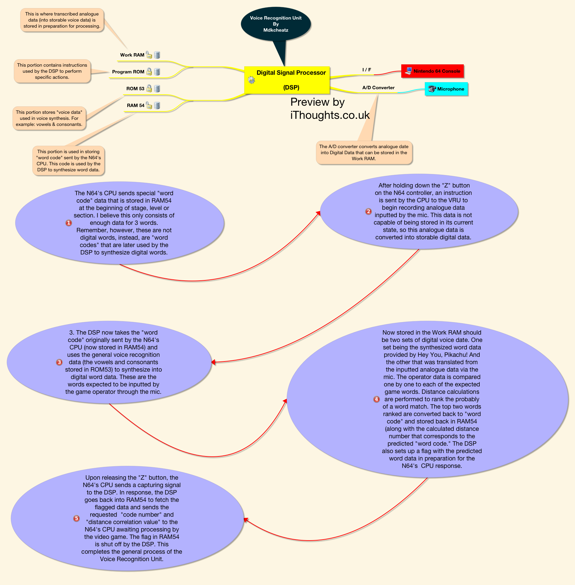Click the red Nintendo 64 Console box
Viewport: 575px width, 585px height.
coord(433,71)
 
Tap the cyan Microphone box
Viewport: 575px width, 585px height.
coord(446,89)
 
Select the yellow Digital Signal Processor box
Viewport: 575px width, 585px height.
coord(287,80)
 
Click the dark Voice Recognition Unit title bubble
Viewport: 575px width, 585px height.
coord(276,24)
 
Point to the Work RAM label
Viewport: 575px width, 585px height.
coord(132,55)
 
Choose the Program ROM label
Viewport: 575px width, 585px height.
coord(128,72)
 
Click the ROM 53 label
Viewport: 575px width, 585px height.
coord(135,89)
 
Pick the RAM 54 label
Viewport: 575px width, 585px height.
coord(135,105)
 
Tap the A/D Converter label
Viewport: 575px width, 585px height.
coord(378,88)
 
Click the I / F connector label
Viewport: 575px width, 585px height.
coord(367,70)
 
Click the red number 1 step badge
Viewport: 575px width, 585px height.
coord(69,223)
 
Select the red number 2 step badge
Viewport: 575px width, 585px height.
coord(369,211)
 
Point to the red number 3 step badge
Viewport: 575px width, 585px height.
coord(59,362)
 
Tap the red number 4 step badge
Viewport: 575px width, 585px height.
coord(377,399)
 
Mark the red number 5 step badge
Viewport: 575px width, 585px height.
coord(76,518)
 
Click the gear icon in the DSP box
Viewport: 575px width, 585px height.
coord(251,80)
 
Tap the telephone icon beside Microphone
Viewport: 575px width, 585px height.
coord(432,89)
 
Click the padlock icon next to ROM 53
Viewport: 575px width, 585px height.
coord(149,89)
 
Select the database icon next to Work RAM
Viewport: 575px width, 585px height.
coord(157,55)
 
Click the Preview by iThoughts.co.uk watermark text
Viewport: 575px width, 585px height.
coord(330,108)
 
